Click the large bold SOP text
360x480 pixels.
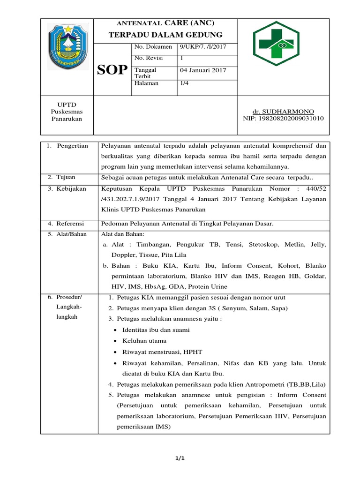click(x=112, y=70)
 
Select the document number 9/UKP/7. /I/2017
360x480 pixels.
click(x=203, y=47)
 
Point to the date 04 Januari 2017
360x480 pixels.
click(x=203, y=70)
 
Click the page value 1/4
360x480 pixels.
click(x=185, y=83)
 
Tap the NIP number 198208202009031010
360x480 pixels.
click(x=284, y=119)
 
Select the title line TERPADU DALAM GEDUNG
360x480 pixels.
click(x=165, y=35)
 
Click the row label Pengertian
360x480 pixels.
click(x=72, y=146)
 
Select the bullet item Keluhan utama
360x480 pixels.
click(x=144, y=341)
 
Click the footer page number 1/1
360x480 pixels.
click(x=180, y=458)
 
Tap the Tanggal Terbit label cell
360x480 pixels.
click(x=145, y=73)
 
